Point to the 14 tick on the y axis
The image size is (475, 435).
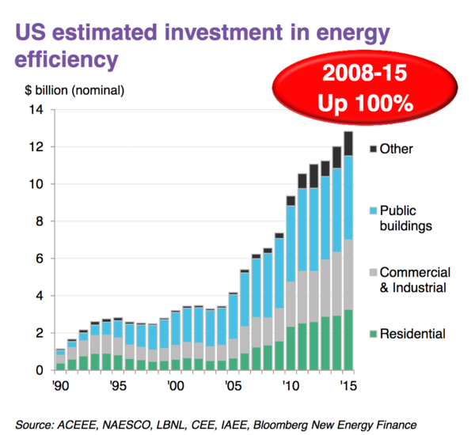coord(36,110)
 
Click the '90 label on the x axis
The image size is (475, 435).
coord(59,388)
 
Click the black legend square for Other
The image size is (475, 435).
coord(373,148)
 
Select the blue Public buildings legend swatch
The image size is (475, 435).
coord(373,211)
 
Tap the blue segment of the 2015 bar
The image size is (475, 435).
coord(348,198)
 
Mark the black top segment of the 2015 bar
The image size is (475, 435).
coord(348,143)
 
